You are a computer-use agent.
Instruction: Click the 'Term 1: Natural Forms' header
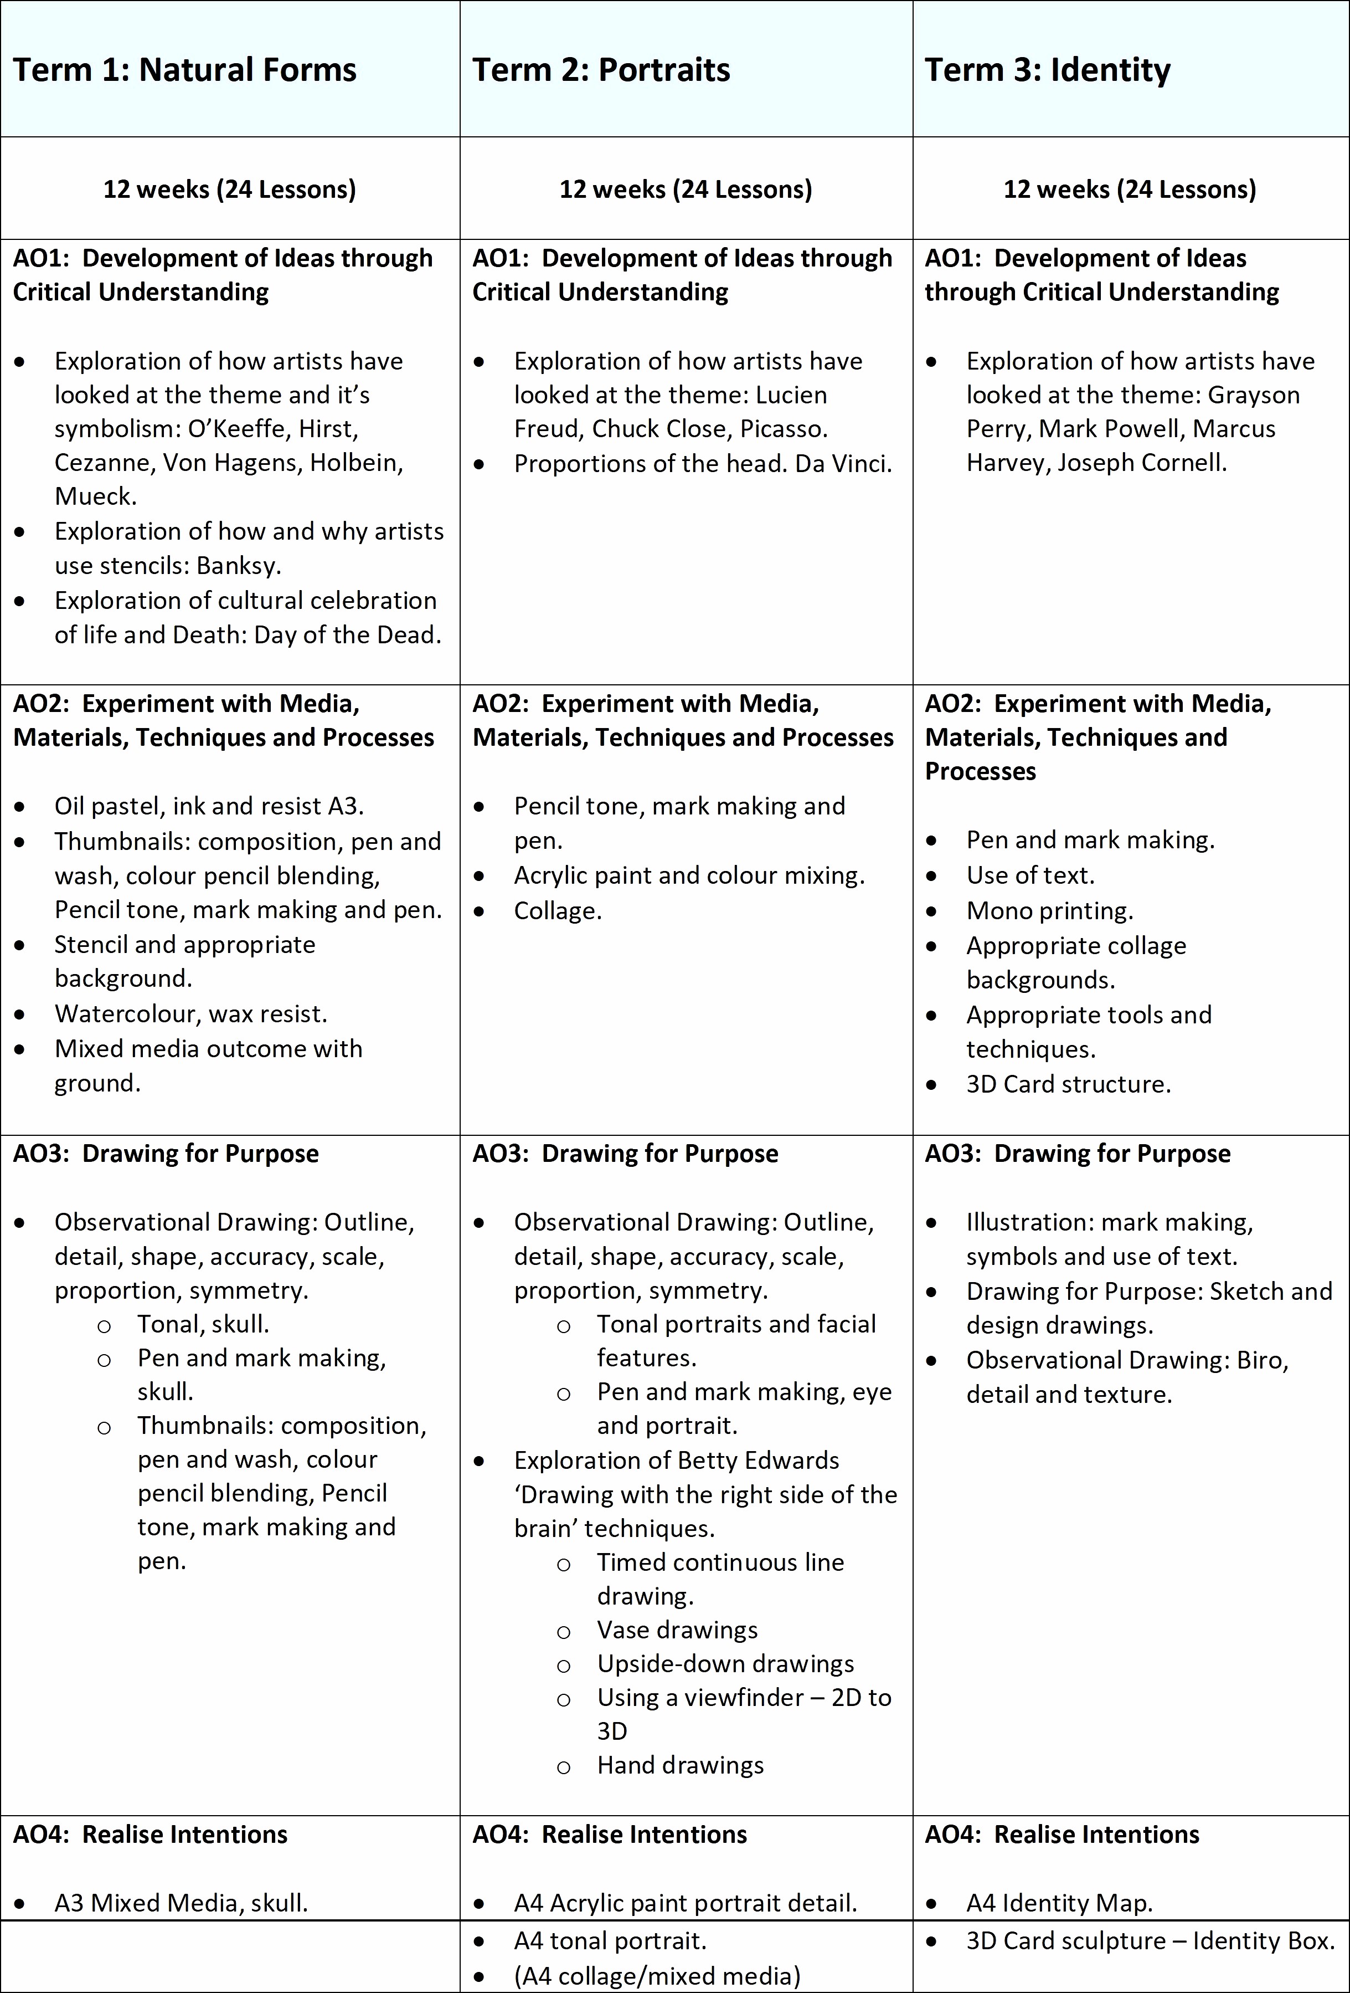pyautogui.click(x=184, y=69)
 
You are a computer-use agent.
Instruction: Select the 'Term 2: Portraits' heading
pyautogui.click(x=601, y=69)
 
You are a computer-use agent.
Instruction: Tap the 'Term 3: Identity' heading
pyautogui.click(x=1048, y=69)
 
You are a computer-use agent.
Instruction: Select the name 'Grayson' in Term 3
pyautogui.click(x=1253, y=396)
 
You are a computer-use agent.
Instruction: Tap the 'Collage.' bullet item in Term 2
pyautogui.click(x=558, y=911)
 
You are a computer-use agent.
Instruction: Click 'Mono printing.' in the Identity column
pyautogui.click(x=1049, y=911)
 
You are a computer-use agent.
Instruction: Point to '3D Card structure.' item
pyautogui.click(x=1068, y=1084)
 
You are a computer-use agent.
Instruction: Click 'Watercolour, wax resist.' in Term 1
pyautogui.click(x=190, y=1013)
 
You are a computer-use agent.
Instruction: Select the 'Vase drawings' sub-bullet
pyautogui.click(x=677, y=1630)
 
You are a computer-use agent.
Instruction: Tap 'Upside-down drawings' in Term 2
pyautogui.click(x=725, y=1664)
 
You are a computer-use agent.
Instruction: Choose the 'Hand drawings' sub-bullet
pyautogui.click(x=680, y=1765)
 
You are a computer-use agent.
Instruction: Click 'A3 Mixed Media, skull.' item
pyautogui.click(x=181, y=1903)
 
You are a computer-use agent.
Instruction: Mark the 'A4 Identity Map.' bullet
pyautogui.click(x=1059, y=1903)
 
